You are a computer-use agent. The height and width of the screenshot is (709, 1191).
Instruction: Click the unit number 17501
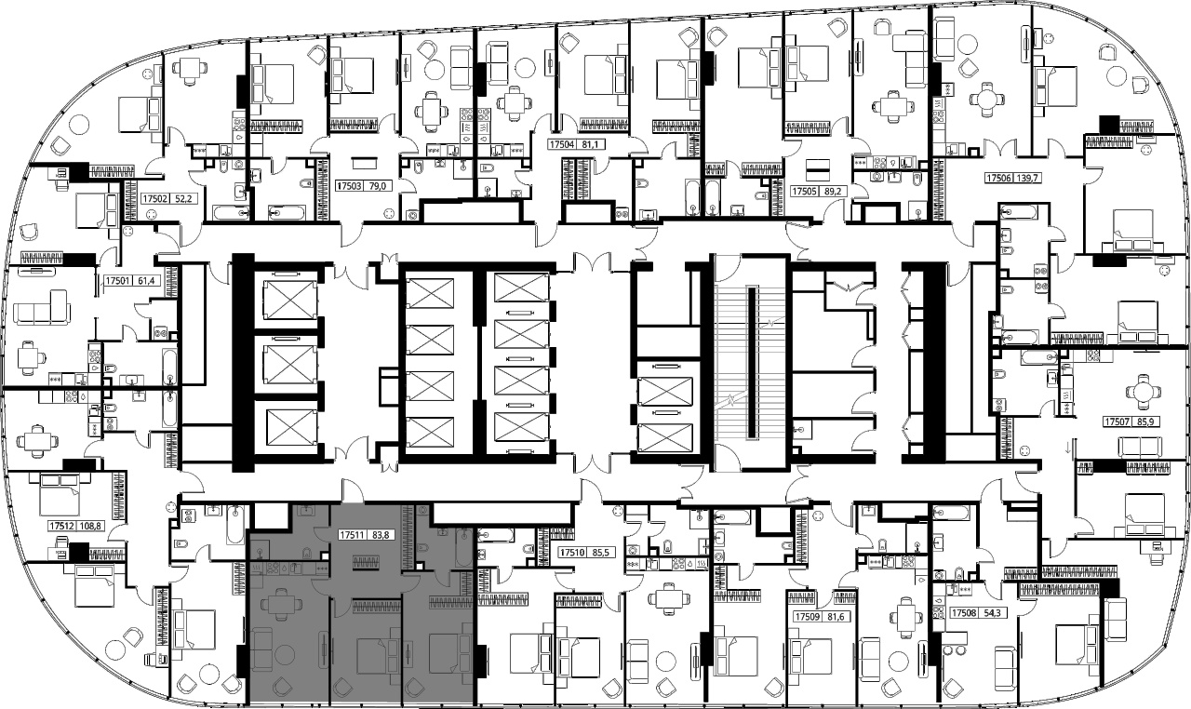(117, 280)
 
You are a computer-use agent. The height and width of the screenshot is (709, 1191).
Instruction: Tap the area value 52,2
(182, 199)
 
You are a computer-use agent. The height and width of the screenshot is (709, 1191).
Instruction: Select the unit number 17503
(349, 186)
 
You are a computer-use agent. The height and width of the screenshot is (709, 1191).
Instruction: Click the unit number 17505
(804, 192)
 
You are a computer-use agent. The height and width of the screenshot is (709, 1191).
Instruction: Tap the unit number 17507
(1117, 422)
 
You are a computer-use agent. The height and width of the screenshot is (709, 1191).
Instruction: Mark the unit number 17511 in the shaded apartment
(352, 535)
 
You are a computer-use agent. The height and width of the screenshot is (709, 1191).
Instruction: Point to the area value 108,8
(91, 527)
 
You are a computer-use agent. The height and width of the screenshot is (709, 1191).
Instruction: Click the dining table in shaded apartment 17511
(282, 604)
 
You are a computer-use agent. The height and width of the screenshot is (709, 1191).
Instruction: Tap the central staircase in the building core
(750, 363)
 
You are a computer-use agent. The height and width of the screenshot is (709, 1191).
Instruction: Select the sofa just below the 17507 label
(1140, 447)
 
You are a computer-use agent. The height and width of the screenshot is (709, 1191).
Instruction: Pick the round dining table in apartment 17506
(986, 100)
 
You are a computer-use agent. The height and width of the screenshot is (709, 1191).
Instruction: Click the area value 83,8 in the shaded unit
(381, 535)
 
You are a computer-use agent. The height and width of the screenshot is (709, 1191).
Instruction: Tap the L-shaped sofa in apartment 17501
(42, 307)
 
